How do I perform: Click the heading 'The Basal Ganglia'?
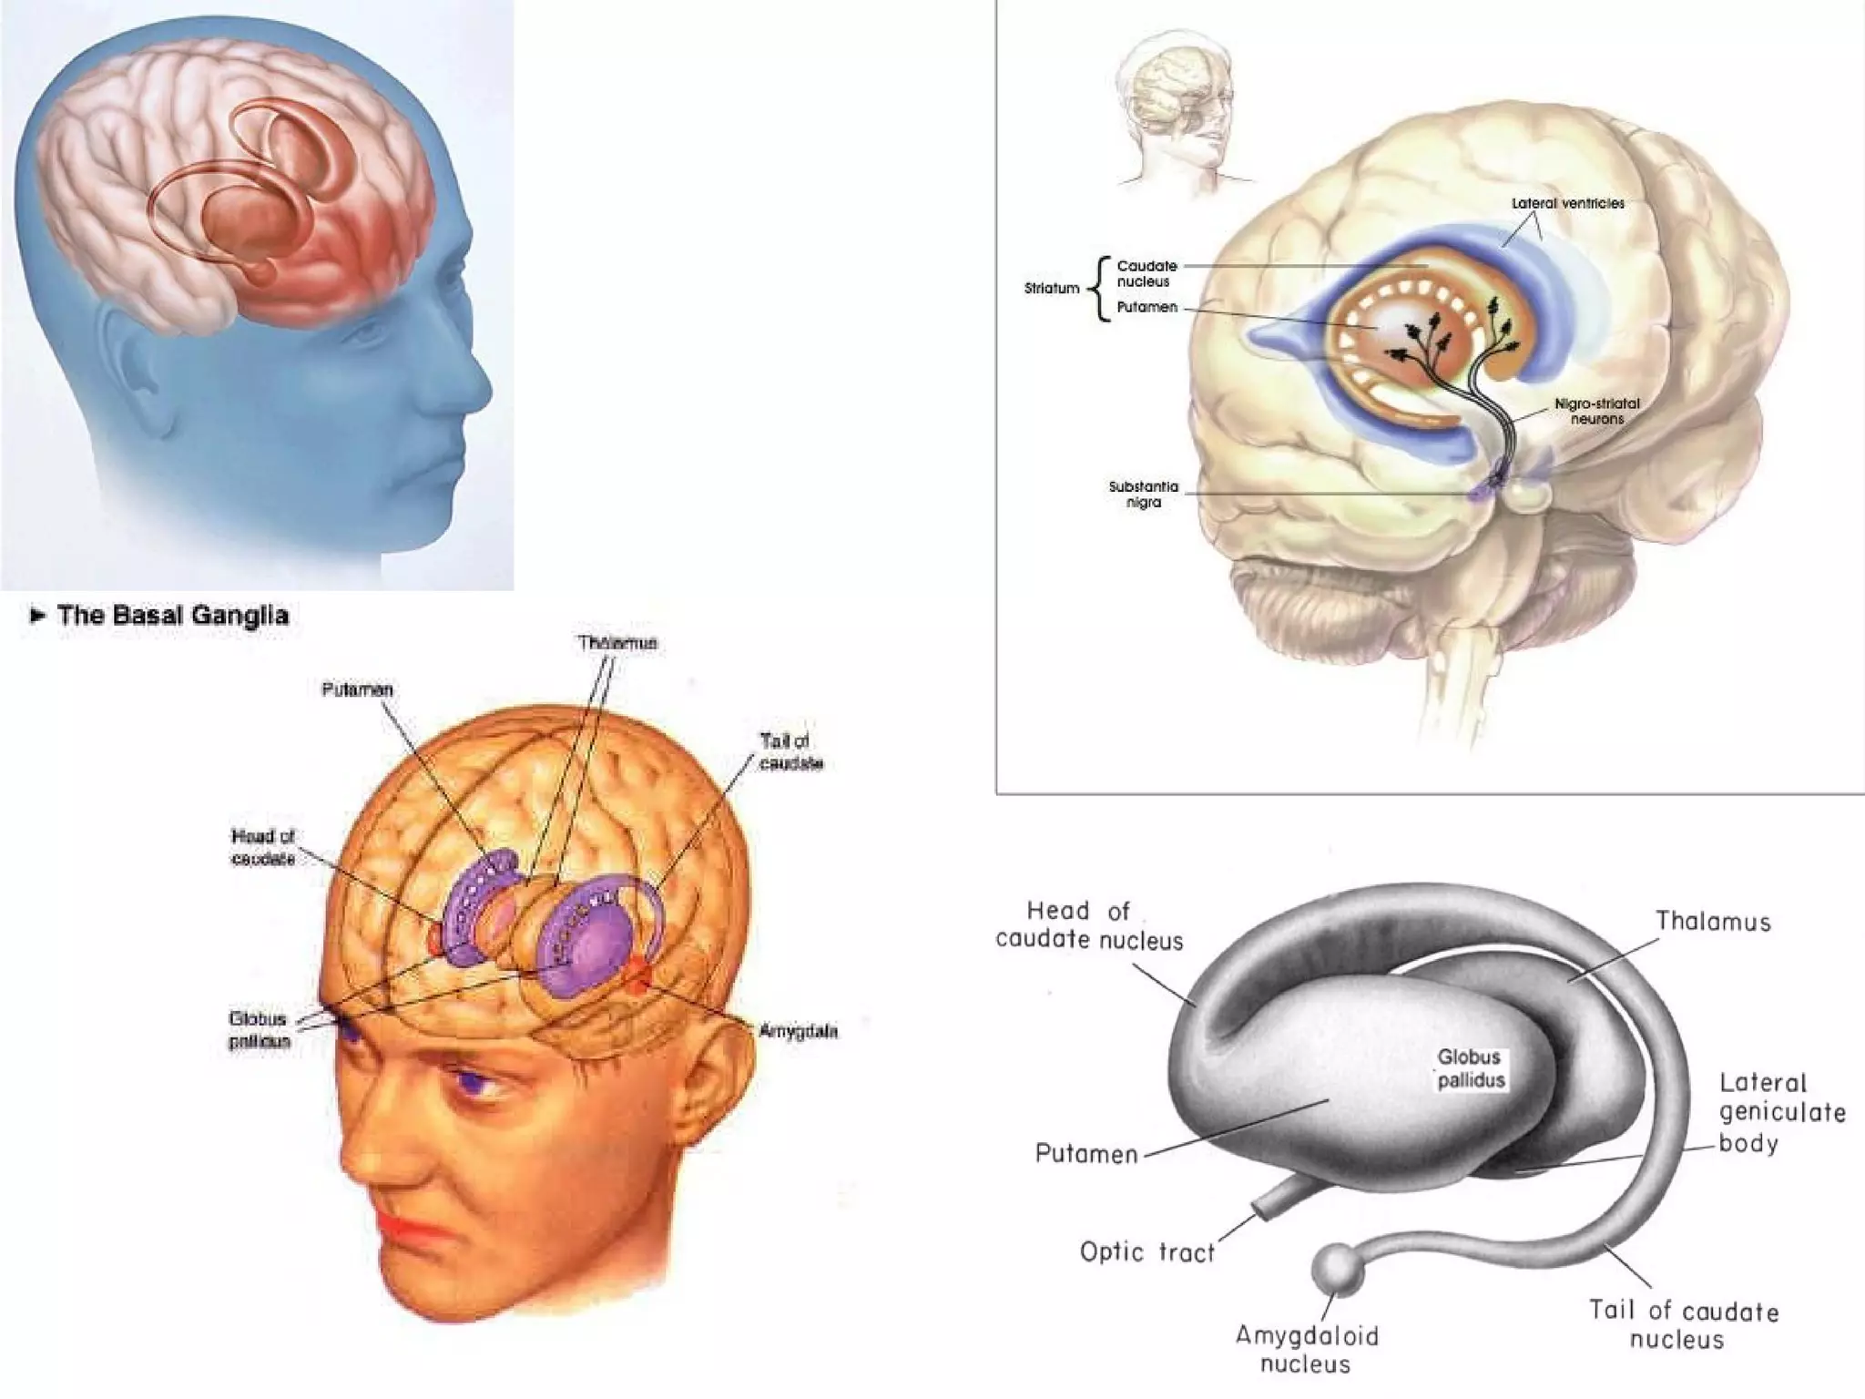pos(172,616)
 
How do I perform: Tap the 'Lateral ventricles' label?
pos(1567,203)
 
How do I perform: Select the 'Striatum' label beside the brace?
pos(1051,289)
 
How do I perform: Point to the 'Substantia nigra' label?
pos(1143,495)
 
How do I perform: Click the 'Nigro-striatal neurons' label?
pos(1596,411)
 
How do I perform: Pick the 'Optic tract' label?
pos(1147,1252)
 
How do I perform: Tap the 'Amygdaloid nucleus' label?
pos(1306,1349)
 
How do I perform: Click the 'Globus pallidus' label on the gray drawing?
pos(1470,1068)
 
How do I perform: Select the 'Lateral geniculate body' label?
pos(1781,1112)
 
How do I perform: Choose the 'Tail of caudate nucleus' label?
pos(1683,1324)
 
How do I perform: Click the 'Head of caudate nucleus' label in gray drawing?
pos(1088,925)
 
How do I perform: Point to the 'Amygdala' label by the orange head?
pos(798,1031)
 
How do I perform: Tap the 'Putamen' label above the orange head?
pos(357,690)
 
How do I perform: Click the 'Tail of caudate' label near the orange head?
pos(790,752)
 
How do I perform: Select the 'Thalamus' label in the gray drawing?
pos(1713,922)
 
